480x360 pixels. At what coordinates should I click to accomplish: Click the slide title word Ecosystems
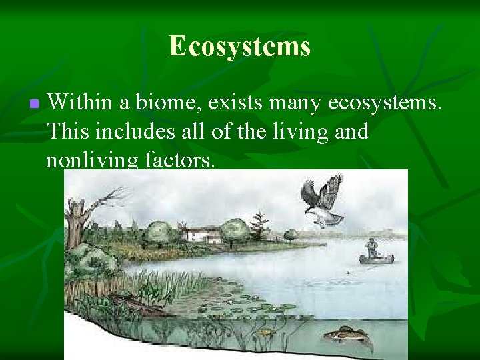tap(239, 47)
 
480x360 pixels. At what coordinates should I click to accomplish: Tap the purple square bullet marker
tap(35, 105)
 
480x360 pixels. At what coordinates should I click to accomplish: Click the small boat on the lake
tap(377, 259)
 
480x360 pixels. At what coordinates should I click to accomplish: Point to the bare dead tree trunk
tap(75, 220)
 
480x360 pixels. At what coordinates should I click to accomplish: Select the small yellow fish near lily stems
tap(265, 332)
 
